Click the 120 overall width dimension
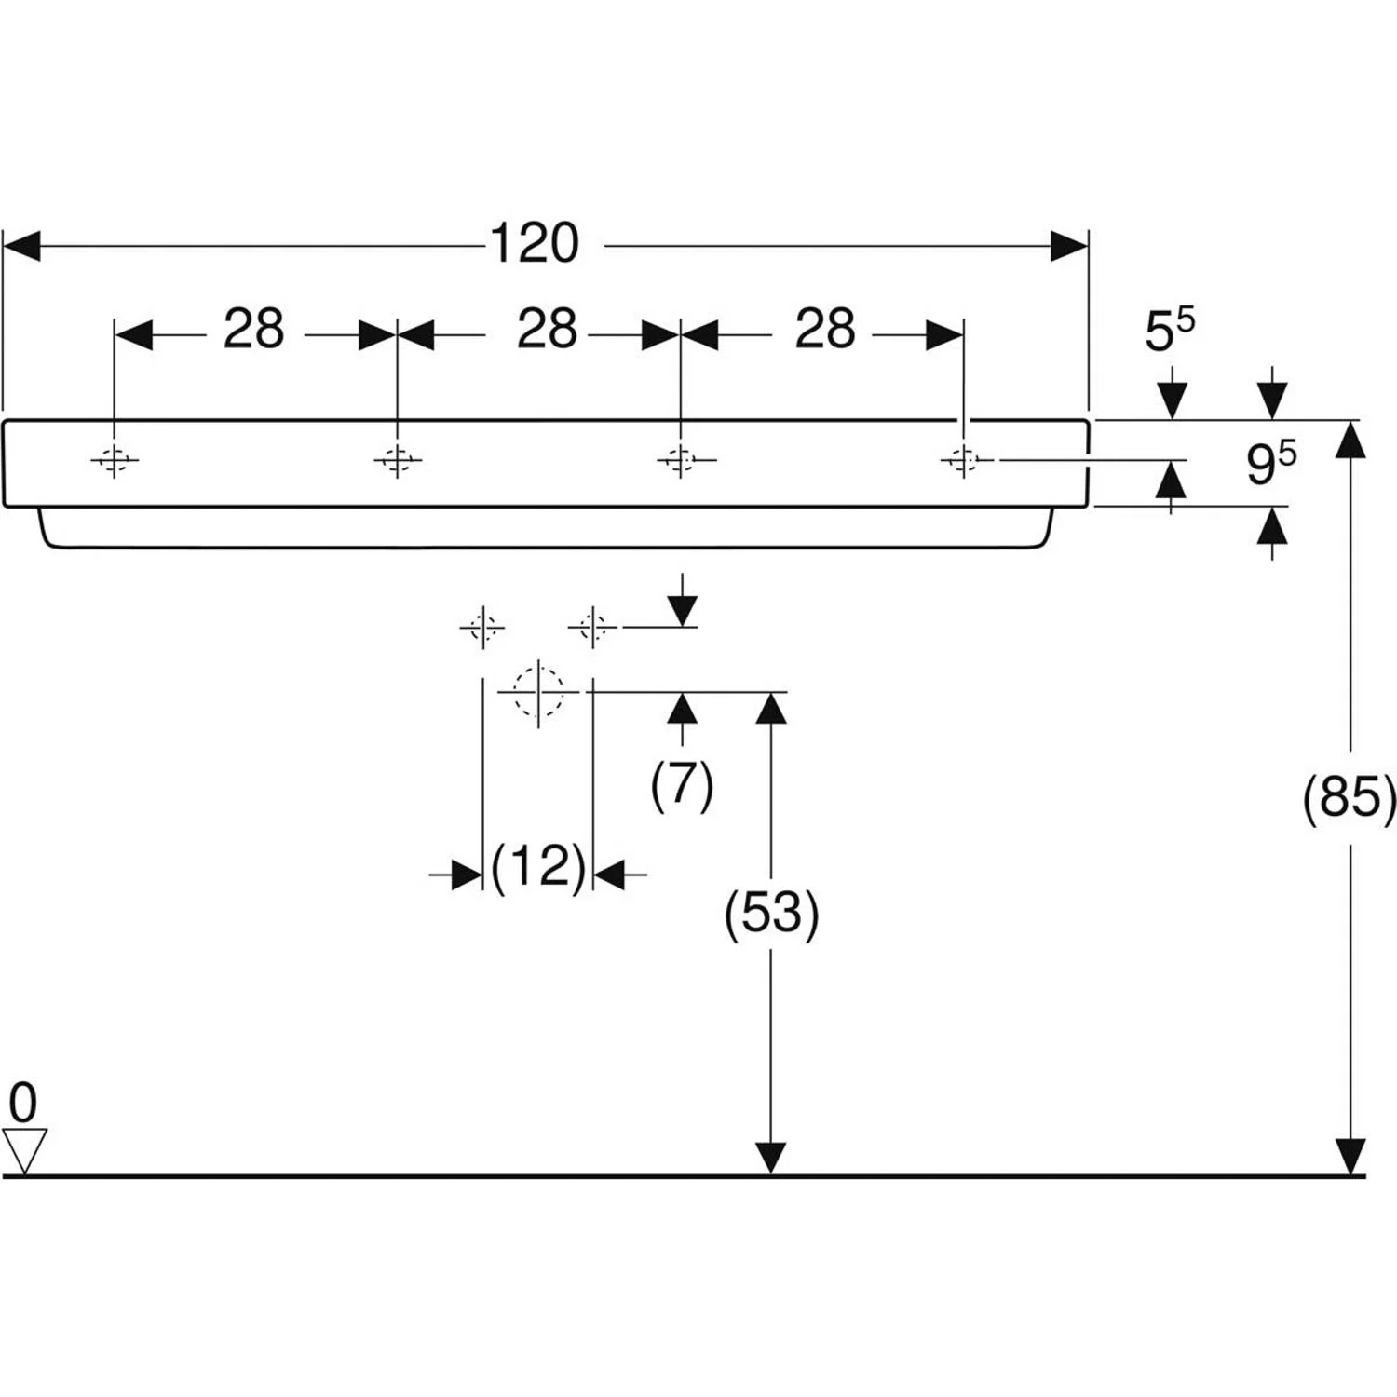point(535,244)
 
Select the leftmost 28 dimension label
point(253,330)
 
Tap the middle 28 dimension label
point(547,330)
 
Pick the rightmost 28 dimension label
point(824,330)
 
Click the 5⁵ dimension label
point(1169,330)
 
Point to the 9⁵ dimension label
point(1270,463)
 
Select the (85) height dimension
point(1350,798)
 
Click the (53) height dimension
point(771,913)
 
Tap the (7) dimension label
point(682,784)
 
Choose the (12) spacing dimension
point(538,867)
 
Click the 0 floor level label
point(23,1103)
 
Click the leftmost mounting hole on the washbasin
point(115,459)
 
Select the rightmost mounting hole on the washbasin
point(964,459)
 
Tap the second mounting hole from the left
point(398,459)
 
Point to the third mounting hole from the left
point(681,459)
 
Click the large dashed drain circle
point(538,692)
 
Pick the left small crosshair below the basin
point(482,627)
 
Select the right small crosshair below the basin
point(592,627)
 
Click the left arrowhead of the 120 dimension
point(21,246)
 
